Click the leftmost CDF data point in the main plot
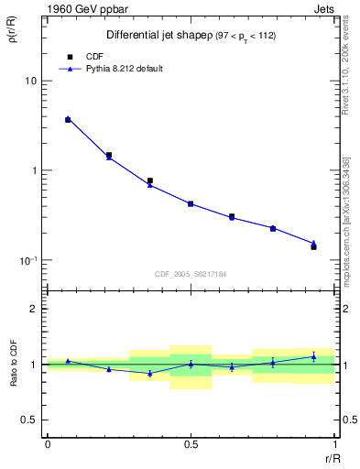(68, 120)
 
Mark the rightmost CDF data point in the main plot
(313, 247)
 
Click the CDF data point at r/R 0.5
(191, 203)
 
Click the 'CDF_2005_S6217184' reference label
(190, 273)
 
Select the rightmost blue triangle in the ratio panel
(313, 356)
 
